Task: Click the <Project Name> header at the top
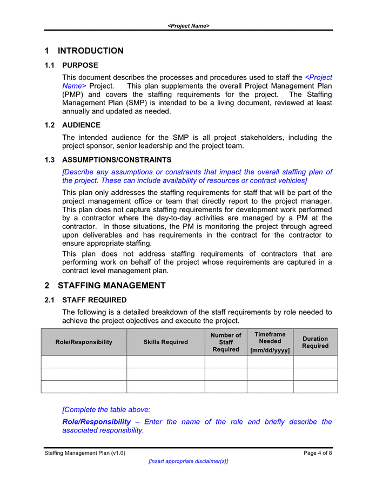coord(188,25)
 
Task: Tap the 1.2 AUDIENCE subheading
coord(72,125)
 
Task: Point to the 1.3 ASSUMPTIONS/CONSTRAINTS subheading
coord(108,160)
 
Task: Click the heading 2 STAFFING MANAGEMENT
coord(105,286)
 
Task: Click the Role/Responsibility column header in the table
coord(84,342)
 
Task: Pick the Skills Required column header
coord(165,342)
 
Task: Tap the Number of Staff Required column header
coord(226,342)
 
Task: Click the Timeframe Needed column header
coord(270,337)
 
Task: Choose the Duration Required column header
coord(315,342)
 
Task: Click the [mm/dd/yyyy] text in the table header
coord(270,350)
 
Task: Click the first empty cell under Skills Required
coord(165,362)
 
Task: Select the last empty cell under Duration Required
coord(315,387)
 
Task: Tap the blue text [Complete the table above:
coord(106,410)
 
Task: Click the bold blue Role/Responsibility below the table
coord(97,422)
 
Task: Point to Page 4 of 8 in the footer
coord(318,453)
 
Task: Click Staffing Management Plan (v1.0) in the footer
coord(85,453)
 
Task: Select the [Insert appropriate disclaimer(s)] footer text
coord(188,461)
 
